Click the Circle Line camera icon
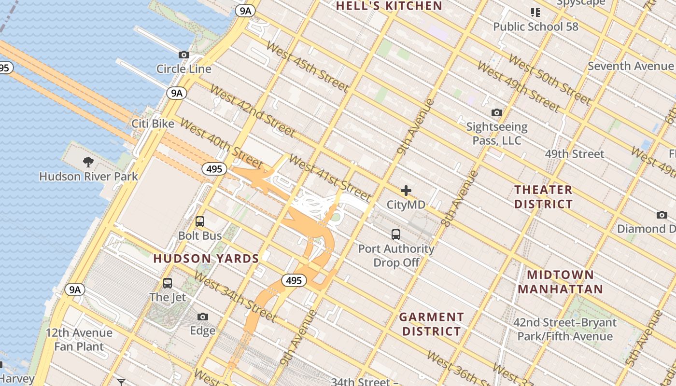click(184, 55)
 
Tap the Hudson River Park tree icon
click(88, 162)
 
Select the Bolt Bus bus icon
click(199, 221)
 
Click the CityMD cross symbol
click(406, 191)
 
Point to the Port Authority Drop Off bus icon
click(396, 234)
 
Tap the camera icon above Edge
click(203, 317)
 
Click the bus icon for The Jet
click(168, 283)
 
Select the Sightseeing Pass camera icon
click(496, 113)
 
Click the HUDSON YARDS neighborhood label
click(206, 259)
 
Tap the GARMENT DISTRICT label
click(432, 324)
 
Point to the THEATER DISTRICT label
click(543, 196)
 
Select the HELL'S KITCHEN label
click(389, 6)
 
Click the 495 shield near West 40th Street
click(214, 169)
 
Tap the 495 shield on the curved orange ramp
click(294, 280)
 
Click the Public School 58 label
click(535, 27)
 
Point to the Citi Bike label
click(153, 124)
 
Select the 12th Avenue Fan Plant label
click(79, 340)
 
